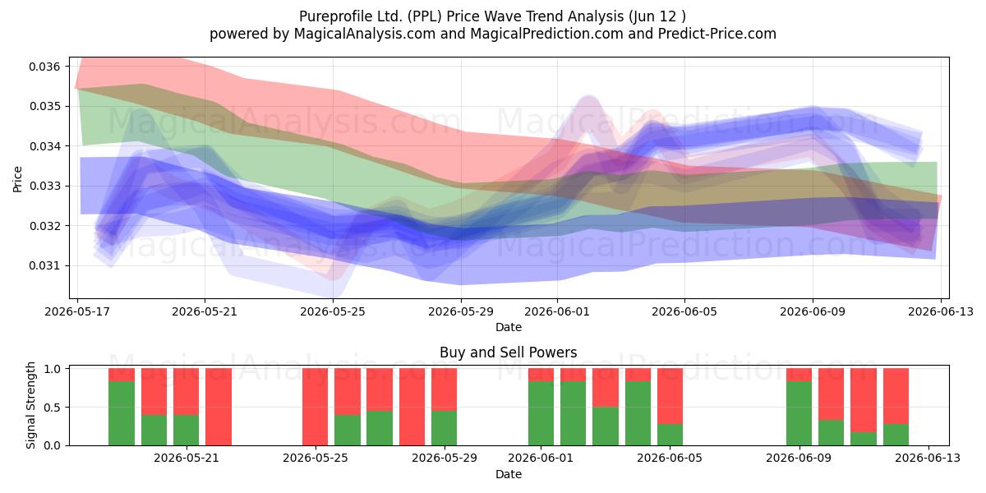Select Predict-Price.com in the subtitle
[x=717, y=34]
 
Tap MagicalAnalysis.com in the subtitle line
[x=365, y=34]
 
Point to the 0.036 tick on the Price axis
[x=44, y=67]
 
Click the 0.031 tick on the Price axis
[x=44, y=266]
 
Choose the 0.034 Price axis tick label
[x=44, y=146]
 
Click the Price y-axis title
[x=17, y=179]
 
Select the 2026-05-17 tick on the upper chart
[x=77, y=311]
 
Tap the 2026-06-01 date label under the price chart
[x=557, y=311]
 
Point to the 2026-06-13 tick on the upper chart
[x=941, y=311]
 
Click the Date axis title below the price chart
[x=509, y=327]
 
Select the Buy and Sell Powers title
[x=509, y=352]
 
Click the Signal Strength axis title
[x=30, y=405]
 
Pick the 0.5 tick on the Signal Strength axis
[x=53, y=408]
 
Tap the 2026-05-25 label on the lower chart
[x=316, y=458]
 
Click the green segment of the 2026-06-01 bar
[x=541, y=413]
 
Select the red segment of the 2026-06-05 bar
[x=670, y=396]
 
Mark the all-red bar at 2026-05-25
[x=316, y=407]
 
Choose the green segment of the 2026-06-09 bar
[x=799, y=413]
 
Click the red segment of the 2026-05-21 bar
[x=187, y=392]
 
